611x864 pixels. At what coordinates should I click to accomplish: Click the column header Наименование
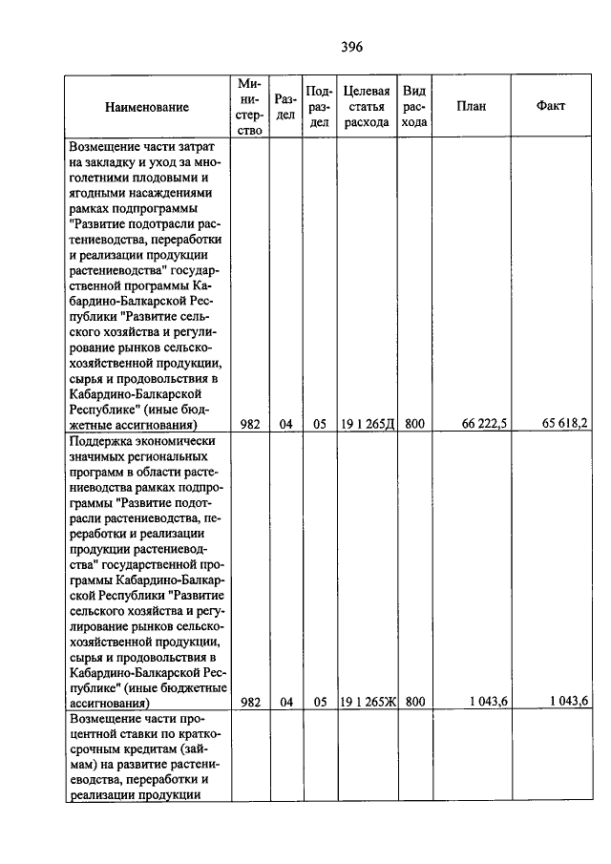point(147,107)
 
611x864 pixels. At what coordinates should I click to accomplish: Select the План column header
point(471,106)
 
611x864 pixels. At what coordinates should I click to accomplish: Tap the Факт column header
point(551,106)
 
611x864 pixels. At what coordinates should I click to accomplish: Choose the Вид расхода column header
point(414,106)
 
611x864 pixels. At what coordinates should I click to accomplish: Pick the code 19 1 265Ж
point(368,702)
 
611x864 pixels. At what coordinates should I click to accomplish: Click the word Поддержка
point(102,440)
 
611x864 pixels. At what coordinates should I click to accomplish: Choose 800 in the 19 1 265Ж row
point(414,702)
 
